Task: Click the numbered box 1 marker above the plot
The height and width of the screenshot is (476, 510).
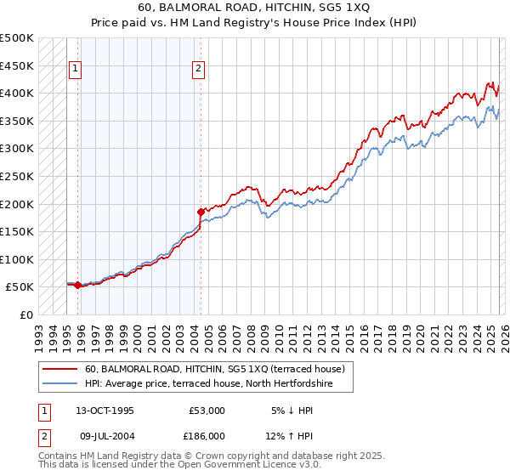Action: pos(76,70)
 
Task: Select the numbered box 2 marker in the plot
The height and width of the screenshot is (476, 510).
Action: pos(198,70)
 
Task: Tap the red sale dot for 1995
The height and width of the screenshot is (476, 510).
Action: pos(77,286)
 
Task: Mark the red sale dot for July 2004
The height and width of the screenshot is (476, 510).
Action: pos(201,212)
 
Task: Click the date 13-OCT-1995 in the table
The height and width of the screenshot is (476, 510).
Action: pos(105,411)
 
